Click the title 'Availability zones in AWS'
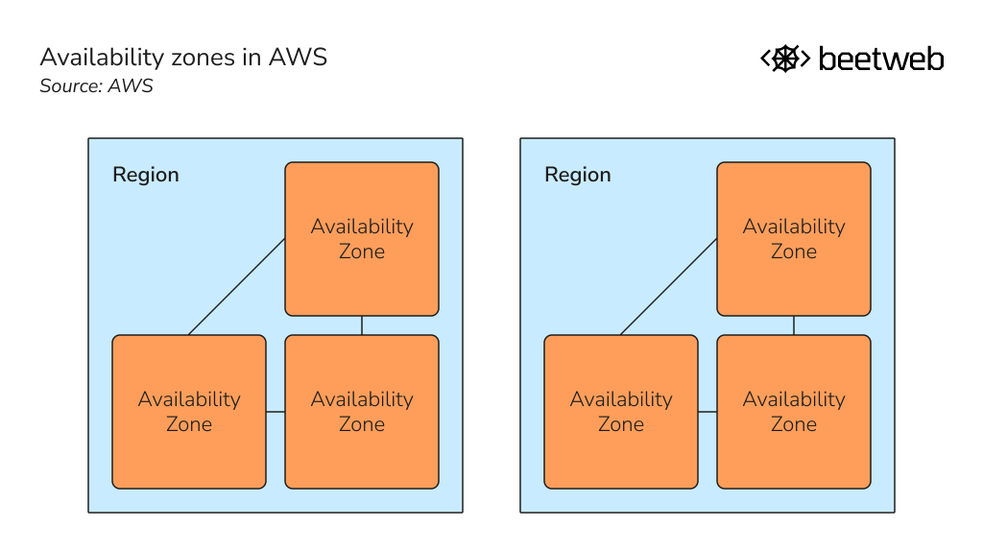(x=183, y=58)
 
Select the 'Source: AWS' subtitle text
(x=96, y=86)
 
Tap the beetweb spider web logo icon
(x=785, y=59)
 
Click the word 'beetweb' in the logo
(x=880, y=60)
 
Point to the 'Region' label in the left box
(x=146, y=175)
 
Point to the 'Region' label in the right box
(x=578, y=175)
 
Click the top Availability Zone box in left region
(x=362, y=239)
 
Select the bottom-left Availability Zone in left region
(x=189, y=412)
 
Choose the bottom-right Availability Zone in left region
(x=362, y=412)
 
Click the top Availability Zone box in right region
(x=794, y=239)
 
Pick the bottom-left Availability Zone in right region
(x=621, y=412)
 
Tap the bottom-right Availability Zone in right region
(x=794, y=412)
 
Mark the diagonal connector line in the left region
(x=237, y=287)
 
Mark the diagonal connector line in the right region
(x=669, y=287)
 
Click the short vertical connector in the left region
(x=362, y=325)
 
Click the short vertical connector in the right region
(x=794, y=325)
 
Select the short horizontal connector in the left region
(x=276, y=412)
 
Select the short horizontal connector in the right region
(x=707, y=412)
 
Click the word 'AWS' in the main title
(x=298, y=58)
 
